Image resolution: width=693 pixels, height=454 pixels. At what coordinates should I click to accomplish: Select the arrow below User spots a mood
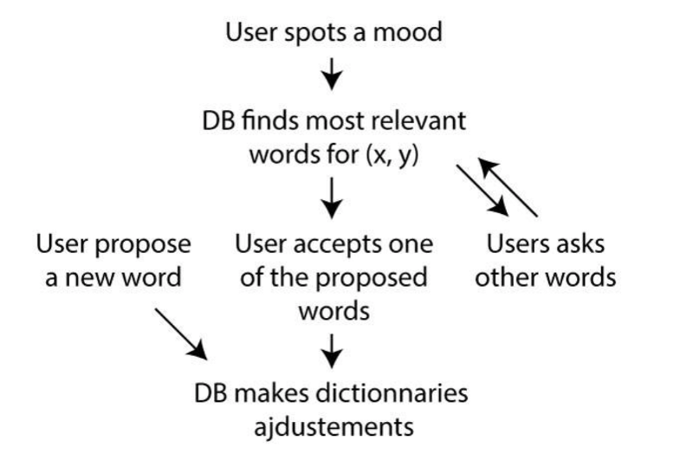pyautogui.click(x=332, y=74)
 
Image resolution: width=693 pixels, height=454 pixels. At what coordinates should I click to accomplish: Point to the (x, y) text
pyautogui.click(x=392, y=156)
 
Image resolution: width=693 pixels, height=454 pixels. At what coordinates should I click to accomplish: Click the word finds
pyautogui.click(x=269, y=120)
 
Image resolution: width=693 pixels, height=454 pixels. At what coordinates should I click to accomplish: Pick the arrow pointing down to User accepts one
pyautogui.click(x=332, y=198)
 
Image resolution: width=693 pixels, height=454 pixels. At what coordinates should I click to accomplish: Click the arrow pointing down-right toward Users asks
pyautogui.click(x=483, y=191)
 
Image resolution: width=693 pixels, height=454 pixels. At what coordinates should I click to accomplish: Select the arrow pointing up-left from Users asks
pyautogui.click(x=508, y=187)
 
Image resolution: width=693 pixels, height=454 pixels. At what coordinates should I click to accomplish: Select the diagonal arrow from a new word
pyautogui.click(x=181, y=334)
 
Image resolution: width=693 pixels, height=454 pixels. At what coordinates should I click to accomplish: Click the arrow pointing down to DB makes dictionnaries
pyautogui.click(x=332, y=351)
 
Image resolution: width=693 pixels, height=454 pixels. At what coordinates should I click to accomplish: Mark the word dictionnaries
pyautogui.click(x=392, y=393)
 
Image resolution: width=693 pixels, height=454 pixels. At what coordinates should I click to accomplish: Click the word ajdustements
pyautogui.click(x=334, y=428)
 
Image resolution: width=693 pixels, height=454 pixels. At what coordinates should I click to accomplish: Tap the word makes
pyautogui.click(x=270, y=393)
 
